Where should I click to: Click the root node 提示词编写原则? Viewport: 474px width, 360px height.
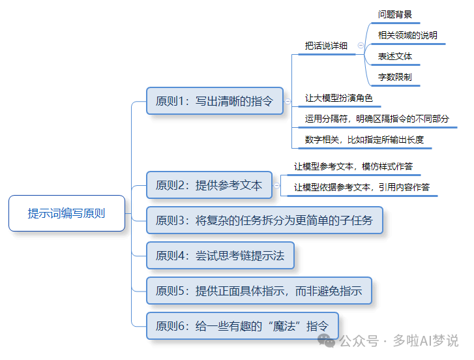pos(67,213)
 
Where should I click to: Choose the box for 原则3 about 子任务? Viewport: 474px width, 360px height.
pos(264,220)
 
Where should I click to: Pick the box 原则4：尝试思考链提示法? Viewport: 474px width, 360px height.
pos(220,256)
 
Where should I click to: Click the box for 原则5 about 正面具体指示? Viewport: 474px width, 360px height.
pos(259,291)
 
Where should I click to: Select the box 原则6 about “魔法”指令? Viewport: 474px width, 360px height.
pos(243,325)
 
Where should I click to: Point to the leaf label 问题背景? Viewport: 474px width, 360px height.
pos(394,14)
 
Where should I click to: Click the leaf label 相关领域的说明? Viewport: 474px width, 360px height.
pos(407,35)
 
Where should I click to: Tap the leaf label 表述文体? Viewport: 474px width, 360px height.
pos(394,56)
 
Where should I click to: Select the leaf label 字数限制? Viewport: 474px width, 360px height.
pos(394,77)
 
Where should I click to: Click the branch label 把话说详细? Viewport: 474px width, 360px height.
pos(326,46)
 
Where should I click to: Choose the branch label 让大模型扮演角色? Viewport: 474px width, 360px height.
pos(338,98)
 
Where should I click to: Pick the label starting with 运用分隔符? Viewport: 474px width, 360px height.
pos(377,119)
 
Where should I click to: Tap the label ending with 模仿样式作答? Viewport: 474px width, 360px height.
pos(353,166)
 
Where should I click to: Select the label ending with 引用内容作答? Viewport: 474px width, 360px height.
pos(361,187)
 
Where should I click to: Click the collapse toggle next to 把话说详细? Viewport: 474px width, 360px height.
pos(361,46)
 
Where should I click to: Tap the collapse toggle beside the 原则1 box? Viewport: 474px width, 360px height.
pos(288,101)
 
